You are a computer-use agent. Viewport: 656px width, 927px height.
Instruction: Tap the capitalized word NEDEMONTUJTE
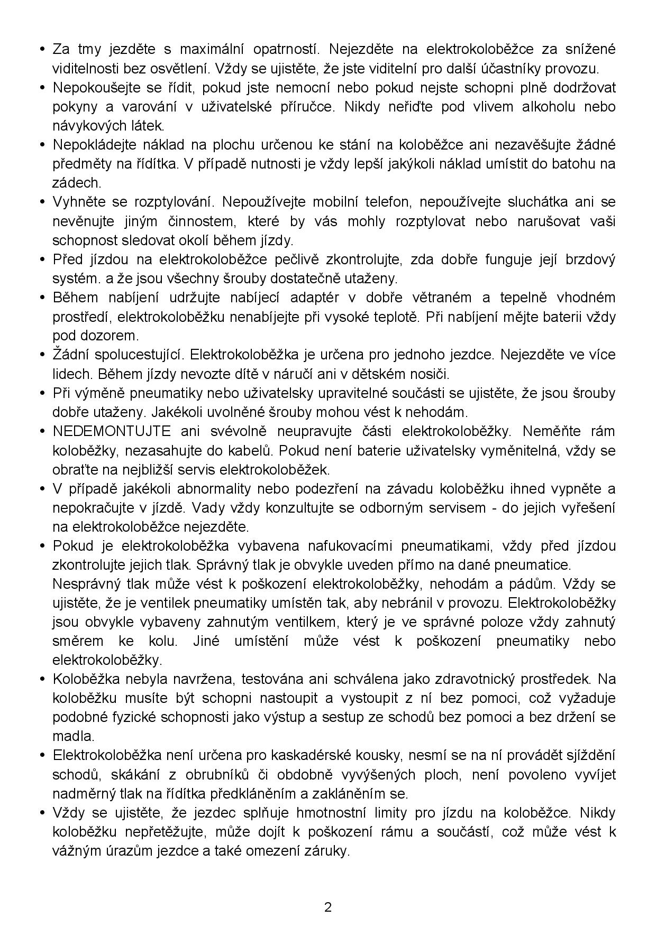point(112,431)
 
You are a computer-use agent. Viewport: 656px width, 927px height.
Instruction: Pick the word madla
point(72,736)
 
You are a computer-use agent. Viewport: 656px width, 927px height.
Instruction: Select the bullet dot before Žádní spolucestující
point(42,355)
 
